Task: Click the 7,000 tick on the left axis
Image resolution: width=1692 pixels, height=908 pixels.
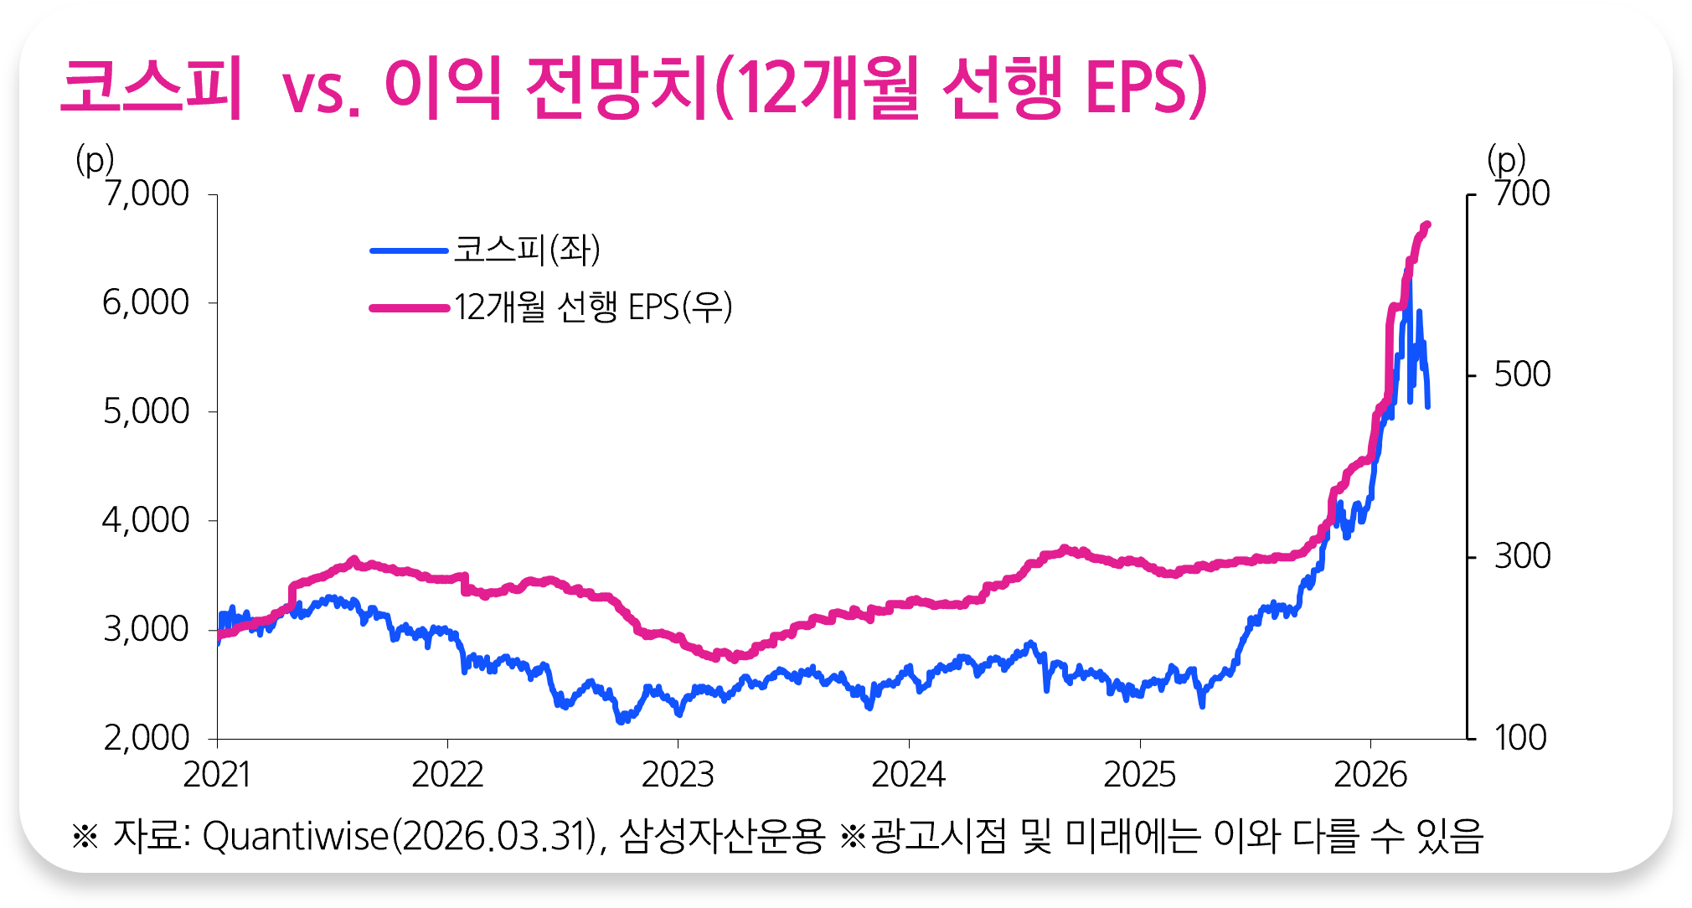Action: point(147,193)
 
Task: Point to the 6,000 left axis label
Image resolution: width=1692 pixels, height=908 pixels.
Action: point(146,302)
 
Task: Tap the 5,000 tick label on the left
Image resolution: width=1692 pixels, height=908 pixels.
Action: point(146,411)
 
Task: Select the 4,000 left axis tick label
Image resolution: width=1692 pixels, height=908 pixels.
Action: point(146,520)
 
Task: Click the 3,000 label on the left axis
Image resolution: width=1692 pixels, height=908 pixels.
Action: point(146,629)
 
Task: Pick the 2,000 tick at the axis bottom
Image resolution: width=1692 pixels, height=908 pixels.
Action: point(146,738)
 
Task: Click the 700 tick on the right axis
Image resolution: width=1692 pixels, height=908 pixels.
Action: point(1522,193)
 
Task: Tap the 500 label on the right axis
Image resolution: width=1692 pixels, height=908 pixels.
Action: point(1522,374)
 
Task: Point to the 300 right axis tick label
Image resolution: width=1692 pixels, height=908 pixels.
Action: point(1522,556)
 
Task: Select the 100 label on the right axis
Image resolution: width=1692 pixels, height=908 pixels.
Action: point(1520,738)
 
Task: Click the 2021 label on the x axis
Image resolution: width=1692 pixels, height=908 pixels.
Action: point(217,775)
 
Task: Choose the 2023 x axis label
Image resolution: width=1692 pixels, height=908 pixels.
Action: point(678,775)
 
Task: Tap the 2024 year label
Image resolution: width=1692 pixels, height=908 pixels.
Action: point(908,775)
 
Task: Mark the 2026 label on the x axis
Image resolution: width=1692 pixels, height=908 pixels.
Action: point(1370,775)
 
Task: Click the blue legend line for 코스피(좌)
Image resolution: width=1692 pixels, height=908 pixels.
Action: point(410,250)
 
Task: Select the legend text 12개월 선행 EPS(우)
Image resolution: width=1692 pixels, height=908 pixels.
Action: point(593,307)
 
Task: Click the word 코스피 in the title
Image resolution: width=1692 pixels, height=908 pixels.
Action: point(152,87)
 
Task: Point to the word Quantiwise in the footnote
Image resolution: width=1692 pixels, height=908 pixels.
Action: point(296,836)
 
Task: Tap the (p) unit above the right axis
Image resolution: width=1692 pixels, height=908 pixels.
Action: point(1506,158)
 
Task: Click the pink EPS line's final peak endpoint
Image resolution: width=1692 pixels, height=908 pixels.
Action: point(1427,224)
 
